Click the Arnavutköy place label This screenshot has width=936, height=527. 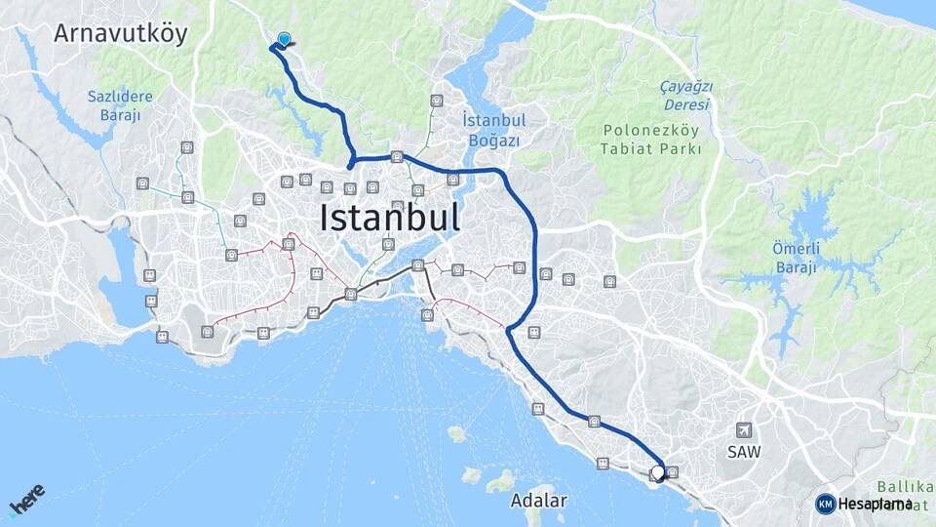(x=121, y=33)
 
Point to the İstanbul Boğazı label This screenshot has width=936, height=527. (x=493, y=130)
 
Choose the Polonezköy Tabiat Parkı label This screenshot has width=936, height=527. (x=652, y=139)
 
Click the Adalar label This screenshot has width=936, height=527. (x=538, y=501)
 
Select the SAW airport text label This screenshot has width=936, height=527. (x=744, y=452)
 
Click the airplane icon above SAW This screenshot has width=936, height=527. (x=745, y=429)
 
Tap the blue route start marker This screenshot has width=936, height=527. (x=285, y=39)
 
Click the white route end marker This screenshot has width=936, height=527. (x=658, y=471)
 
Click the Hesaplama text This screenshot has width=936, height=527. (x=875, y=504)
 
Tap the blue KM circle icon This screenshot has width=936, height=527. (x=825, y=504)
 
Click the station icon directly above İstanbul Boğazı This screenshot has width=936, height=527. (x=436, y=100)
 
